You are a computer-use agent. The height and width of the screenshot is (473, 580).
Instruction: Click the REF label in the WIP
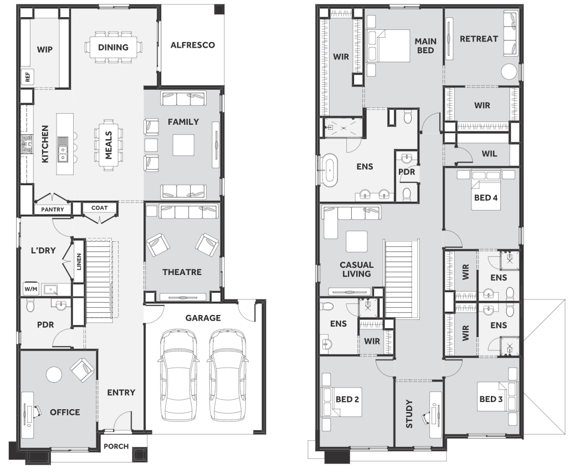tap(28, 77)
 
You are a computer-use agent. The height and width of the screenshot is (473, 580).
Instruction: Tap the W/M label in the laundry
tap(31, 288)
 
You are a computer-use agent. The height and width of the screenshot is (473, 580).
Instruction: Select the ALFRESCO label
tap(193, 45)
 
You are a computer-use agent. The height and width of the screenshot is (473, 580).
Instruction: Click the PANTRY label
tap(53, 210)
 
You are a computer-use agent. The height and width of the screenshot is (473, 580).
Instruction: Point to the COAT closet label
tap(100, 208)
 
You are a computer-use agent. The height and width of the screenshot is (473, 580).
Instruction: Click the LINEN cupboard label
tap(79, 262)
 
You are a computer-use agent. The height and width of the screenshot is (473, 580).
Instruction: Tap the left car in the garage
tap(179, 374)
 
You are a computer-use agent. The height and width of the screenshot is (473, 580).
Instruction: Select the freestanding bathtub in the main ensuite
tap(329, 170)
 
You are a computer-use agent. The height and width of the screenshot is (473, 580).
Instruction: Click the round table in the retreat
tap(509, 72)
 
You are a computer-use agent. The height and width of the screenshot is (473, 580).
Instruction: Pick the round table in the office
tap(54, 374)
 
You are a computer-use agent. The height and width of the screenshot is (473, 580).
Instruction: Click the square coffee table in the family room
tap(183, 145)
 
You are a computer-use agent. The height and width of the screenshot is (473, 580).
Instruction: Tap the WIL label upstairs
tap(489, 154)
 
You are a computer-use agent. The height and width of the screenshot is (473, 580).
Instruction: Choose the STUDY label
tap(409, 414)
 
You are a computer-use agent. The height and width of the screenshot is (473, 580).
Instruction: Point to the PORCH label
tap(116, 446)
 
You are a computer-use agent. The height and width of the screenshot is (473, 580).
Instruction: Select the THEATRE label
tap(182, 272)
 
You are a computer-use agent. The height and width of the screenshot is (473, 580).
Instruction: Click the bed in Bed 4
tap(486, 190)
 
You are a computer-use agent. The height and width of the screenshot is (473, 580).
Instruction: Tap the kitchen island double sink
tap(63, 154)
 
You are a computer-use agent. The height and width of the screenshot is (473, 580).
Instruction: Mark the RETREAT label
tap(479, 39)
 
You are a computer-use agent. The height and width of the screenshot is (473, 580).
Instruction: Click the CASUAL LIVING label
tap(357, 269)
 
